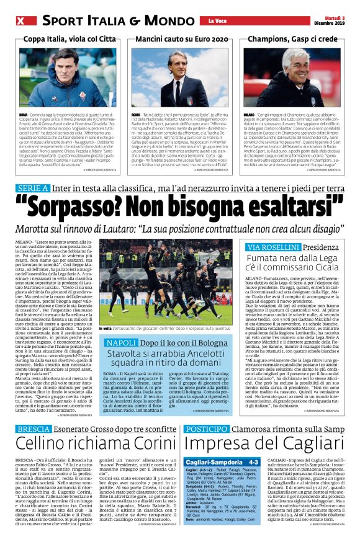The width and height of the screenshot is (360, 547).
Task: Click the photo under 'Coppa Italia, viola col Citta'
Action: click(67, 78)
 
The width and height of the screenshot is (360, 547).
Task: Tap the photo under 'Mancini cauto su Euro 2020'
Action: click(180, 78)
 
